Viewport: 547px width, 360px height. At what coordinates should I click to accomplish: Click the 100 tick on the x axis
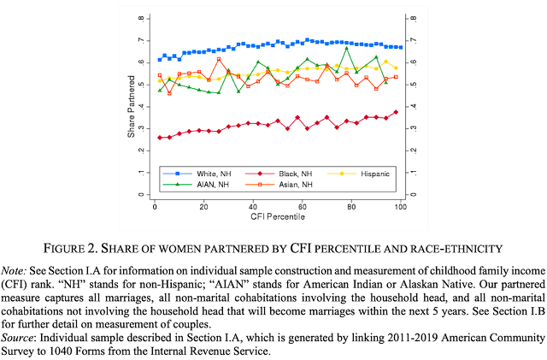[x=399, y=208]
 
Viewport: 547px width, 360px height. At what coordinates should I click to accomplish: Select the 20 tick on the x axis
[x=203, y=208]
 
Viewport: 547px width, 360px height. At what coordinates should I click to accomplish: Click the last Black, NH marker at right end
[x=396, y=112]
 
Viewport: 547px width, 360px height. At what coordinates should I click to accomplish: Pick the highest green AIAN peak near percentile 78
[x=346, y=49]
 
